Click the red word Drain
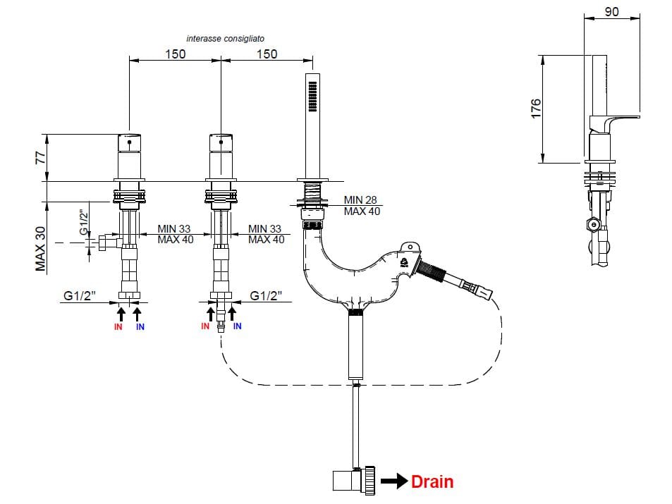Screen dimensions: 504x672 pyautogui.click(x=432, y=482)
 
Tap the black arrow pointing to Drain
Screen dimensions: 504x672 pyautogui.click(x=395, y=482)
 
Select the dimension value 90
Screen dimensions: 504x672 pyautogui.click(x=613, y=12)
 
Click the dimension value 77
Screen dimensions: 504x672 pyautogui.click(x=41, y=156)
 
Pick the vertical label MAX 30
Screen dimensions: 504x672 pyautogui.click(x=41, y=247)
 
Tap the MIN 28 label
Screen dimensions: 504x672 pyautogui.click(x=362, y=200)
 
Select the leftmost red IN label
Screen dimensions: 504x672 pyautogui.click(x=118, y=327)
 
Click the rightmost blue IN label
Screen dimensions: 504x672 pyautogui.click(x=237, y=326)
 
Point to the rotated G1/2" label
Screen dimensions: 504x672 pyautogui.click(x=83, y=221)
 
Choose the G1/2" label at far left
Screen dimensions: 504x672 pyautogui.click(x=79, y=296)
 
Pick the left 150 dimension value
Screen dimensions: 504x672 pyautogui.click(x=176, y=54)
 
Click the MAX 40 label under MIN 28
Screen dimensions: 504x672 pyautogui.click(x=362, y=211)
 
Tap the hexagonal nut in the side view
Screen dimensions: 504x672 pyautogui.click(x=595, y=226)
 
